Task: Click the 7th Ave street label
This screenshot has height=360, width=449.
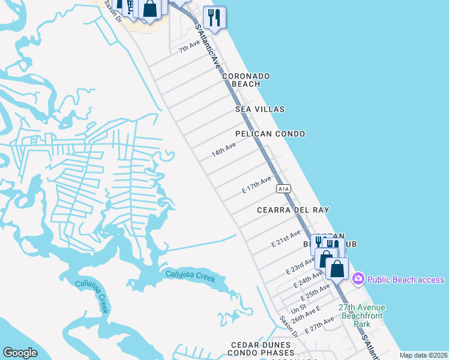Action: tap(189, 46)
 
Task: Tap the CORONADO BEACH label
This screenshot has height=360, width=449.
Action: tap(246, 80)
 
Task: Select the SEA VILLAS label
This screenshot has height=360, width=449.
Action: tap(260, 109)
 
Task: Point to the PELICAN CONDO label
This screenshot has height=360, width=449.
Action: tap(270, 134)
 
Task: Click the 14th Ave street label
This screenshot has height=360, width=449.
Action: tap(223, 150)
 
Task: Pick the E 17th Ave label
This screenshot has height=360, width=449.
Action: tap(257, 184)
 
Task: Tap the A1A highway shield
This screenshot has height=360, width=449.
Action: tap(284, 188)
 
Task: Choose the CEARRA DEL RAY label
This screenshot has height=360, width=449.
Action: tap(293, 211)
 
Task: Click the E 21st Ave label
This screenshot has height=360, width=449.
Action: tap(286, 239)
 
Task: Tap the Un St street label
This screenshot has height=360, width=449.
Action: tap(298, 310)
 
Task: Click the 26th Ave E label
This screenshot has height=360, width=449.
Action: tap(306, 314)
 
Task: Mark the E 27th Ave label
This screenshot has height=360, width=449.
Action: tap(319, 325)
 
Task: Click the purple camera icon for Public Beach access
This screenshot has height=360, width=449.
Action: tap(358, 279)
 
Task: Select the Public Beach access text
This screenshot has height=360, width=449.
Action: tap(406, 280)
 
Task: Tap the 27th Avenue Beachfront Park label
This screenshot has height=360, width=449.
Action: tap(361, 316)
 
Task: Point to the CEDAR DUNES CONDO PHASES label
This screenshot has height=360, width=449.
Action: tap(262, 349)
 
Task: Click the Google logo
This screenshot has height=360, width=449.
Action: tap(20, 353)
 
